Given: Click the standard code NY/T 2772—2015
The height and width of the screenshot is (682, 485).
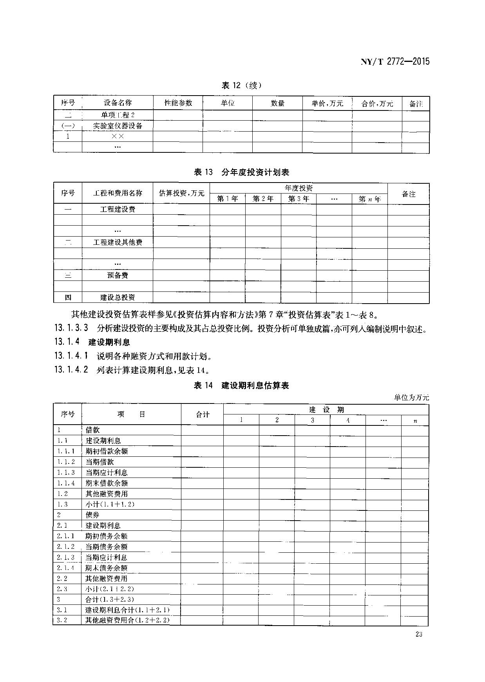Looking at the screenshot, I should point(395,61).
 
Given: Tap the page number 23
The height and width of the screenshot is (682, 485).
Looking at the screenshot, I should point(418,635).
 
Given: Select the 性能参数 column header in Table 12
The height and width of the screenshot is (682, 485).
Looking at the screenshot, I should point(178,103).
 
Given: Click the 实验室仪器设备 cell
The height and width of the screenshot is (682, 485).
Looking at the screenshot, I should point(118,126).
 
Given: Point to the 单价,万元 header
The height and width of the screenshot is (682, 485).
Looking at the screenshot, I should point(327,103).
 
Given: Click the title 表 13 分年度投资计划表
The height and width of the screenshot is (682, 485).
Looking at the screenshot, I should point(242,172).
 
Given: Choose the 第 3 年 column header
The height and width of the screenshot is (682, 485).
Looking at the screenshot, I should point(299,199).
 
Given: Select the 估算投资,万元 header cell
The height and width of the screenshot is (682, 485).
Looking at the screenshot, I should point(182,193).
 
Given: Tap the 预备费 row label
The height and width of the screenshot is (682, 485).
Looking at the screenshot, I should point(118,275).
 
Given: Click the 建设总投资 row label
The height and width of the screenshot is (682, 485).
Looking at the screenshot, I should point(118,297).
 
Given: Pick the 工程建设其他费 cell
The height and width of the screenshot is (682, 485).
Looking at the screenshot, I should point(118,242).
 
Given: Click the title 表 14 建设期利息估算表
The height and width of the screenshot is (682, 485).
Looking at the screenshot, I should point(242,385).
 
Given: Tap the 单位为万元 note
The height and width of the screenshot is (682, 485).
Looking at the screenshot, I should point(411,397).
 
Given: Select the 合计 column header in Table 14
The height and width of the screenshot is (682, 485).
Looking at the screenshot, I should point(203,414).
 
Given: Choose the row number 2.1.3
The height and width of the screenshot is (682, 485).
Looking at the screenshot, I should point(65,557).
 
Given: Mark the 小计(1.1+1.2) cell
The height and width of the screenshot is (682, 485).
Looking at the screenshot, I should point(110,504).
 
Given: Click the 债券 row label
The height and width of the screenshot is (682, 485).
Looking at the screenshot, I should point(92,515).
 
